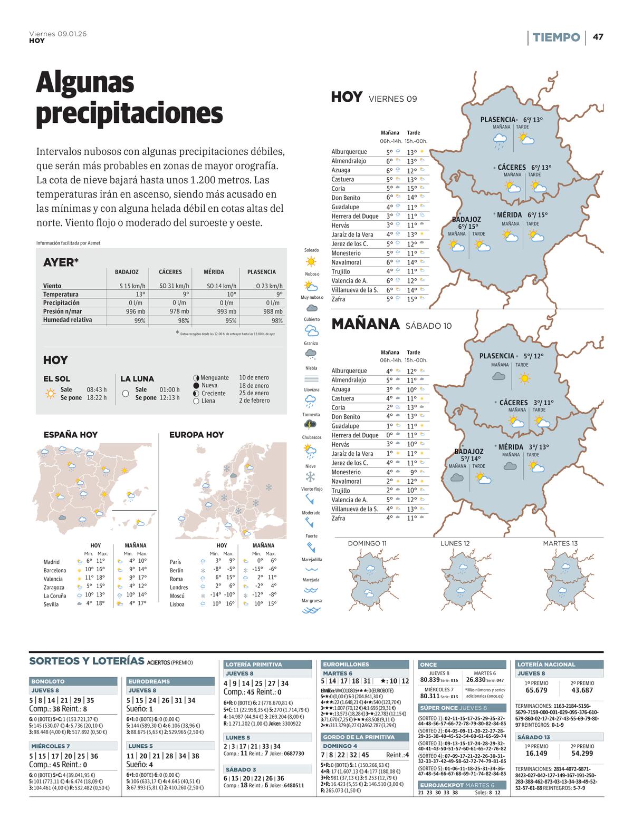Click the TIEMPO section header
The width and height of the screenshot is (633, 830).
click(556, 37)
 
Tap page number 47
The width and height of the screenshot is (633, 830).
click(598, 37)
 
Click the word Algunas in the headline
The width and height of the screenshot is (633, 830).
click(85, 83)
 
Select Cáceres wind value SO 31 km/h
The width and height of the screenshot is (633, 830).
click(170, 286)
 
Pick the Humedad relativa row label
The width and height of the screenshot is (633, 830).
click(67, 320)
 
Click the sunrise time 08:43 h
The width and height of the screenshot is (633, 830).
click(97, 390)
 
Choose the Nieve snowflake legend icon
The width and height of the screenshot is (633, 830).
click(311, 476)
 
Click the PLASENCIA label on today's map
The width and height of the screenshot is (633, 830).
click(497, 120)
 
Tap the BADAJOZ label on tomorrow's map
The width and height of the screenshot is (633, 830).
click(469, 452)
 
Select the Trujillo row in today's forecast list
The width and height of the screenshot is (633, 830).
click(341, 271)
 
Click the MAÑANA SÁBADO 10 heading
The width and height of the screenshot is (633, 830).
click(391, 325)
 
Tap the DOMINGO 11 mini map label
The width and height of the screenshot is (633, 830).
click(367, 543)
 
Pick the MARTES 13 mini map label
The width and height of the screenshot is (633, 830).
click(560, 543)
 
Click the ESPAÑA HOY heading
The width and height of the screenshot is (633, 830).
click(70, 435)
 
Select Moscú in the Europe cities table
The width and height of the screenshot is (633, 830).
click(177, 595)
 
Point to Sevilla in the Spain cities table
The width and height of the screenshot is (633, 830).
click(52, 604)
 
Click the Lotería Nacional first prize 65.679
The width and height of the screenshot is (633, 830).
click(536, 690)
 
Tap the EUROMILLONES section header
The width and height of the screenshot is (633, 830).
click(346, 665)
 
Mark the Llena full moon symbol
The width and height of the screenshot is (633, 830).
click(196, 401)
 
